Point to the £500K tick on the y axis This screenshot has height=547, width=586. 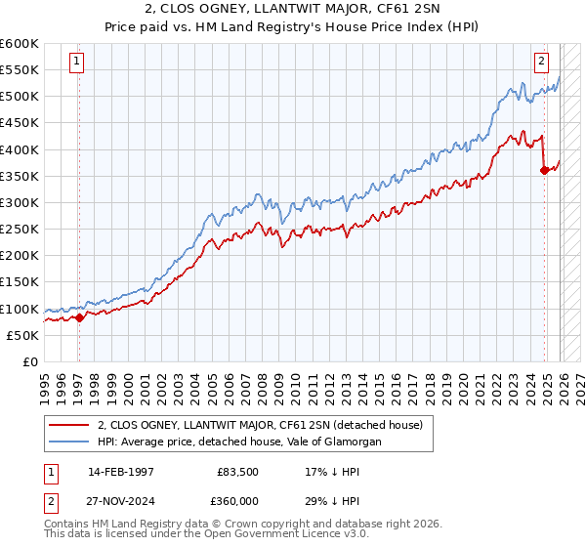point(20,97)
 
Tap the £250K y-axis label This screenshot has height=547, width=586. point(20,229)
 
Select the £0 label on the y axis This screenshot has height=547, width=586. point(29,361)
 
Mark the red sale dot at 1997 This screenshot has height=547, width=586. point(79,317)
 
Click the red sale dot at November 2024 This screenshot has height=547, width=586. point(544,171)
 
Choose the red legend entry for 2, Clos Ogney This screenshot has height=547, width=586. point(259,425)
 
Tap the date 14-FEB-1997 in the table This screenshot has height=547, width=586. point(121,472)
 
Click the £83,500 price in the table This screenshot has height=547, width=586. point(237,472)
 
